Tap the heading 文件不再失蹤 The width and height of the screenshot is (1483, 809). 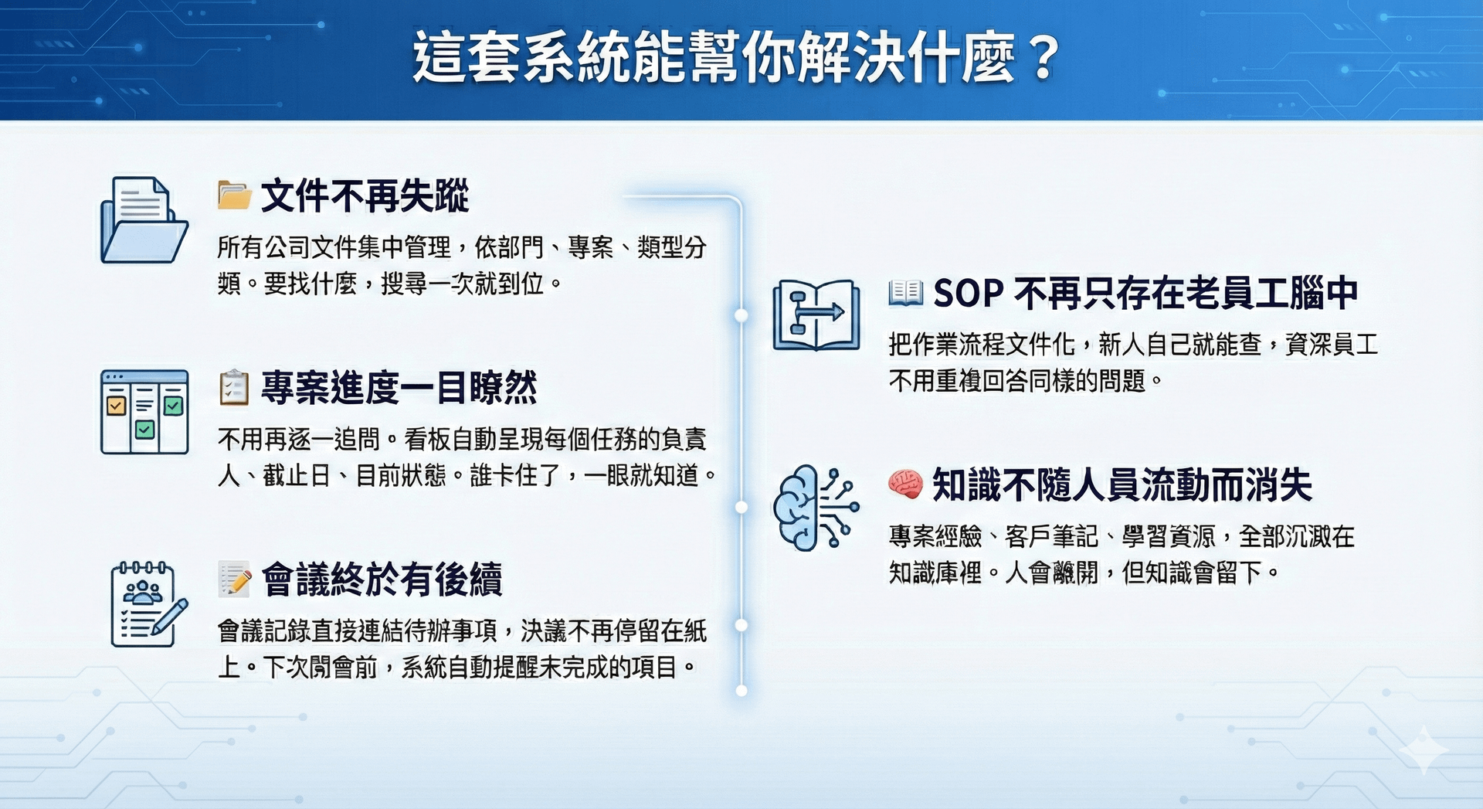click(x=365, y=195)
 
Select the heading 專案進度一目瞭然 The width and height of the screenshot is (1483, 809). click(x=399, y=387)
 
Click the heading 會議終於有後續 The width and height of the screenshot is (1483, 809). click(x=382, y=580)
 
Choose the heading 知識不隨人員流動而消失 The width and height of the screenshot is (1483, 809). click(x=1122, y=485)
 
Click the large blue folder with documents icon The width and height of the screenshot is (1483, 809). click(x=144, y=220)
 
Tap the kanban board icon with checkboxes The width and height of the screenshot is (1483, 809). click(x=144, y=412)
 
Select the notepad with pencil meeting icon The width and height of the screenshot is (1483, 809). click(x=149, y=603)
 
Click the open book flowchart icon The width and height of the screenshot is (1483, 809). click(x=816, y=315)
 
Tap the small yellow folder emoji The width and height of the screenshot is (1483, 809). click(x=234, y=195)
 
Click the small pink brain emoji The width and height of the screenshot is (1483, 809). click(x=905, y=484)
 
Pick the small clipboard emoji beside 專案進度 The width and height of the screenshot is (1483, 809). click(x=234, y=388)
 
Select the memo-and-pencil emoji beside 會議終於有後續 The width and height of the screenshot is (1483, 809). click(x=235, y=580)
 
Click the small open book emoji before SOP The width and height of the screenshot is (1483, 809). click(x=905, y=292)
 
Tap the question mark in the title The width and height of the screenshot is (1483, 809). click(x=1044, y=58)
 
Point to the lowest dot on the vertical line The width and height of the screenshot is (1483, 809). click(x=741, y=691)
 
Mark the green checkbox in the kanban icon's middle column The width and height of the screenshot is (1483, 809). click(x=144, y=430)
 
